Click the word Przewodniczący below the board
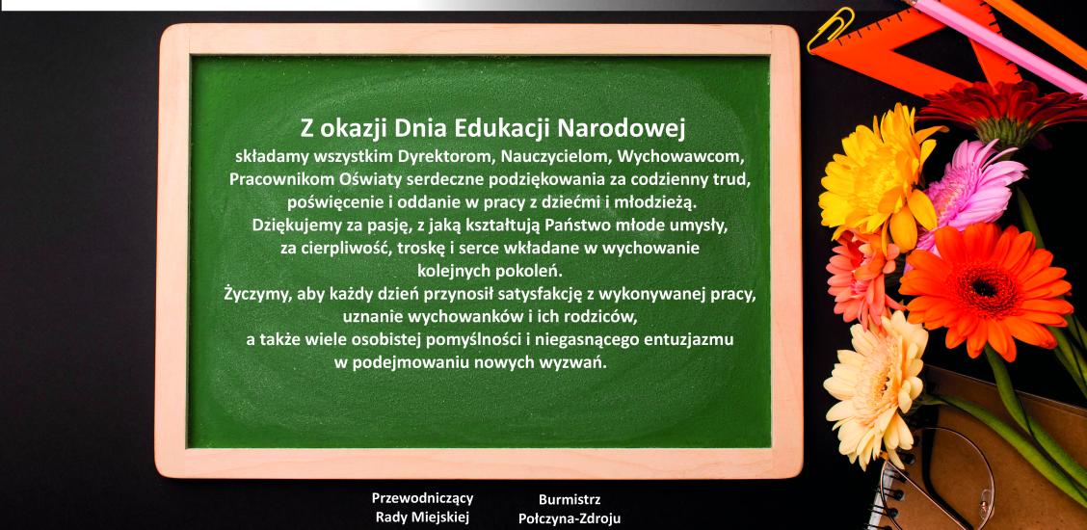(x=423, y=498)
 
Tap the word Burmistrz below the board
(x=570, y=499)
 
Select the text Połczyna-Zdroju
(x=570, y=517)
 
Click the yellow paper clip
(x=831, y=28)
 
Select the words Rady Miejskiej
(x=423, y=517)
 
